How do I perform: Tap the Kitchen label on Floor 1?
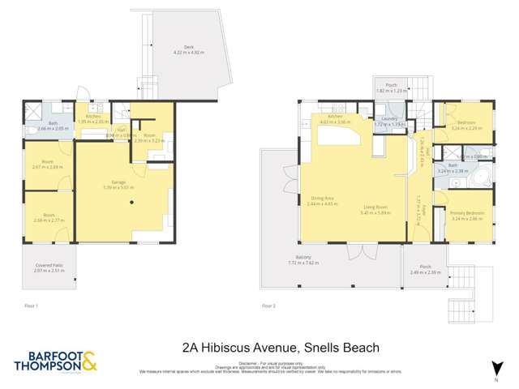point(92,117)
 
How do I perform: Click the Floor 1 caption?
point(32,306)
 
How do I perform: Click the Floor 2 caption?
point(268,306)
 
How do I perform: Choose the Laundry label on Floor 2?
point(392,118)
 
